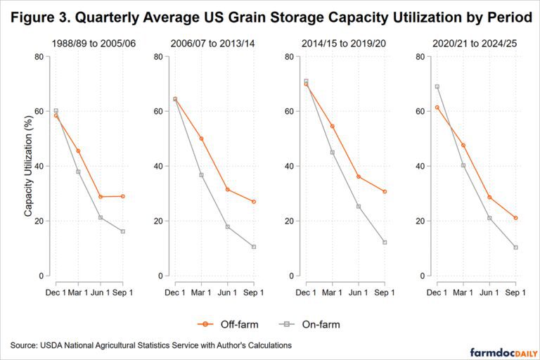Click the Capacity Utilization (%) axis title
pyautogui.click(x=29, y=166)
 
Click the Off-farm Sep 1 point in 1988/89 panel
pyautogui.click(x=123, y=196)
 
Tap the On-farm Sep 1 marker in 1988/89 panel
pyautogui.click(x=123, y=231)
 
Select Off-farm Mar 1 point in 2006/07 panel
pyautogui.click(x=201, y=139)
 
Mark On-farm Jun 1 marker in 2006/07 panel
pyautogui.click(x=227, y=226)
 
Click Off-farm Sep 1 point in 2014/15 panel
pyautogui.click(x=385, y=191)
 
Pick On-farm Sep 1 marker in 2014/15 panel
pyautogui.click(x=385, y=242)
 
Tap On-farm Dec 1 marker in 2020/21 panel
pyautogui.click(x=437, y=86)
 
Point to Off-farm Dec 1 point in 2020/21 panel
pyautogui.click(x=437, y=107)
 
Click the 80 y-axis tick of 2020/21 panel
pyautogui.click(x=419, y=56)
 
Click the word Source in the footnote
pyautogui.click(x=24, y=345)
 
